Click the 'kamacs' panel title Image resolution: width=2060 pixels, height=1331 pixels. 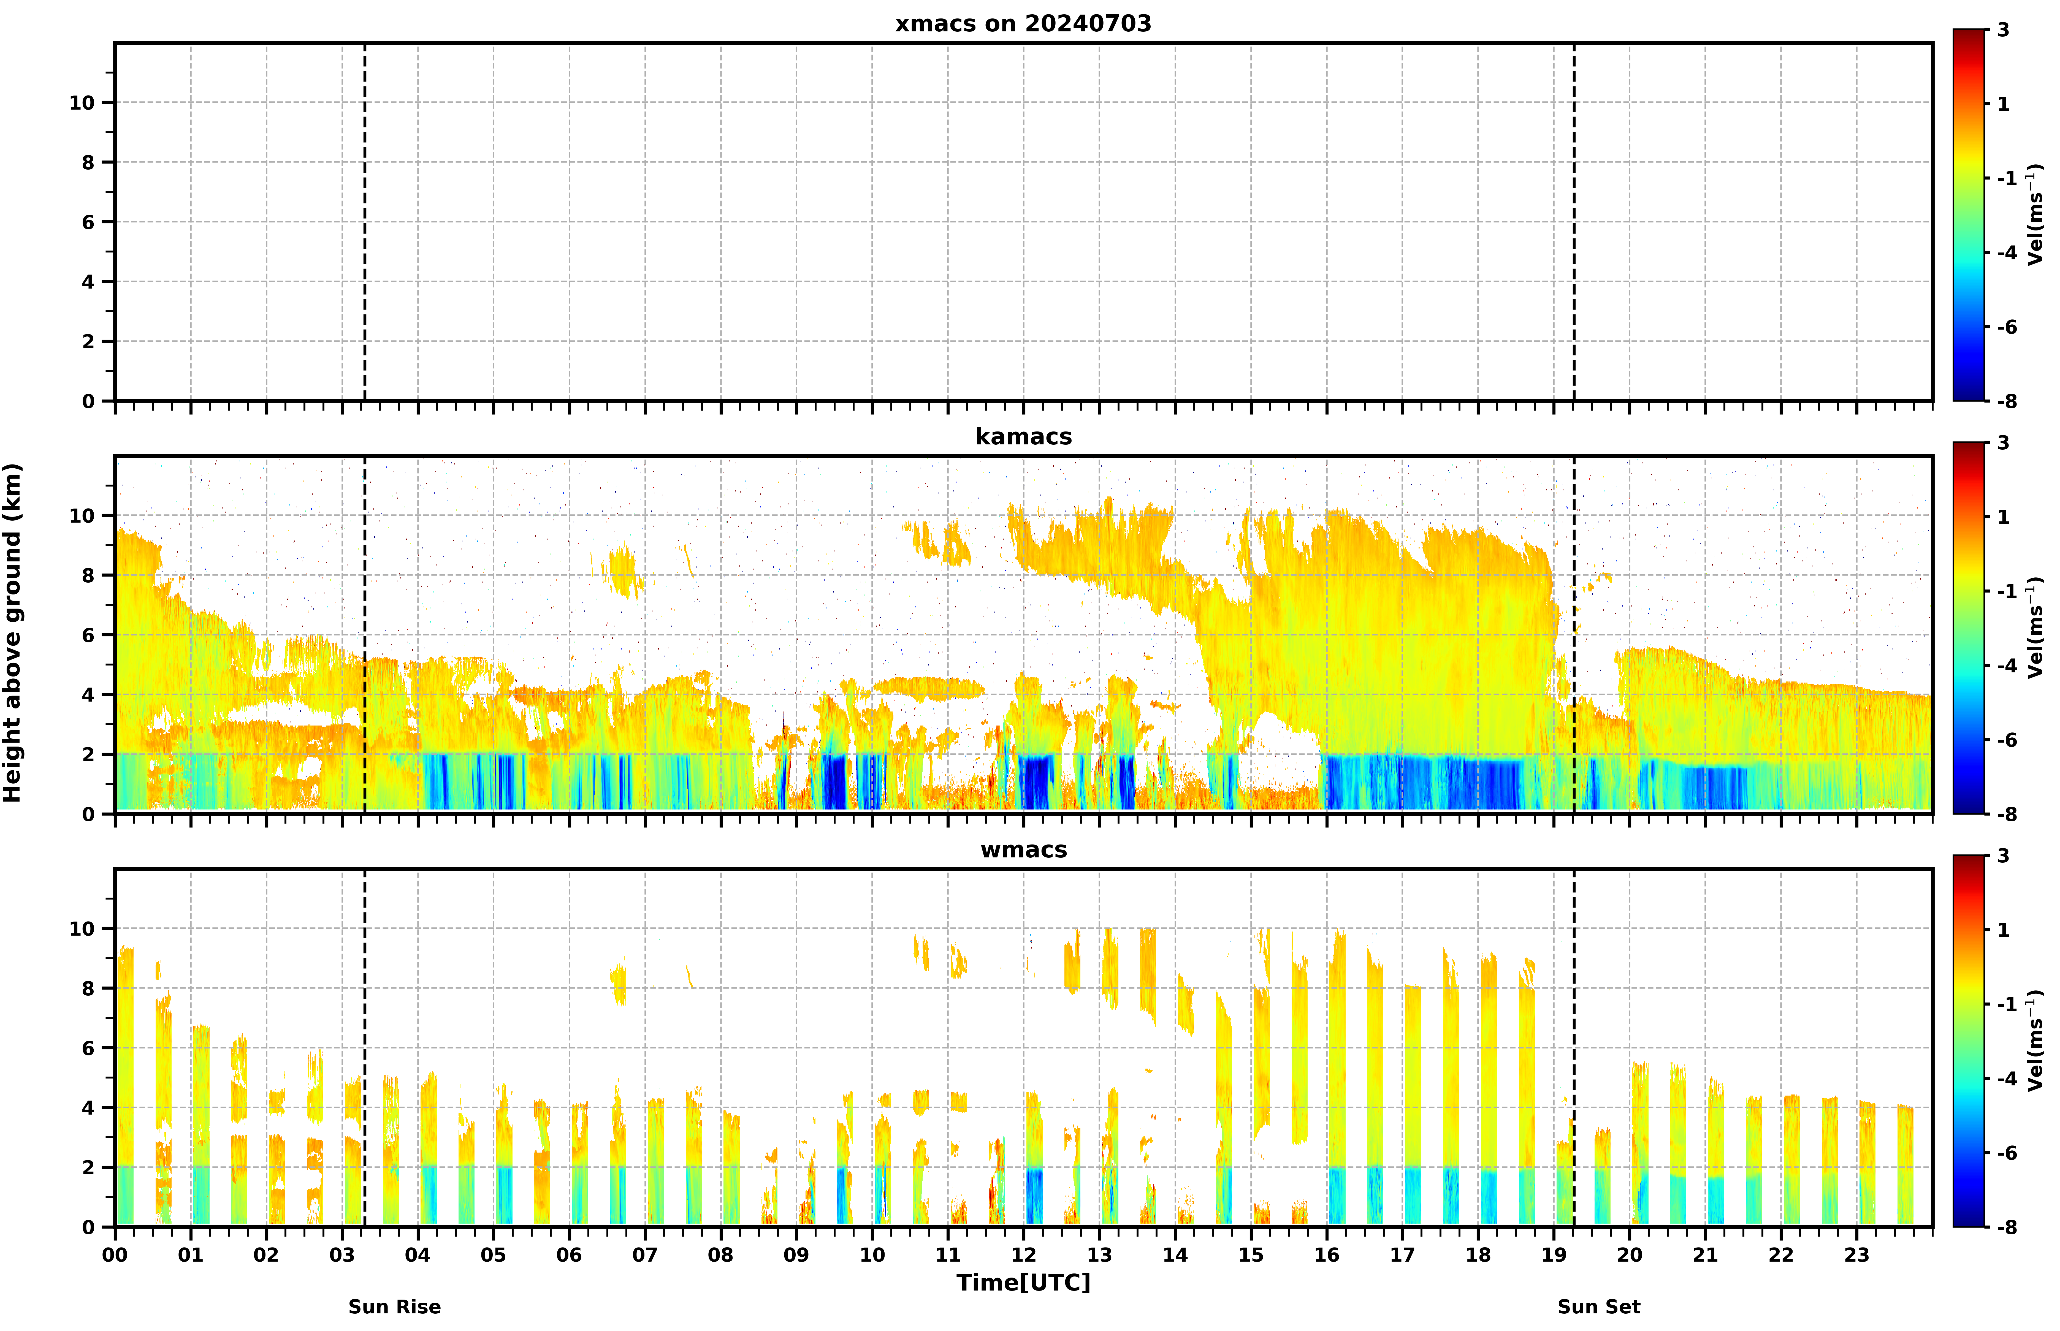(1023, 436)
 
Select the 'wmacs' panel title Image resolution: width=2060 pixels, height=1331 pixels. (1023, 850)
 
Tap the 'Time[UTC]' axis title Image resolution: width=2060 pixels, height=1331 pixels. (1023, 1283)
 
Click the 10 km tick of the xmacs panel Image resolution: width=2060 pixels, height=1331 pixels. (82, 103)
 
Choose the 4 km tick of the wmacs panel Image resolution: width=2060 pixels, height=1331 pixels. (88, 1108)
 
